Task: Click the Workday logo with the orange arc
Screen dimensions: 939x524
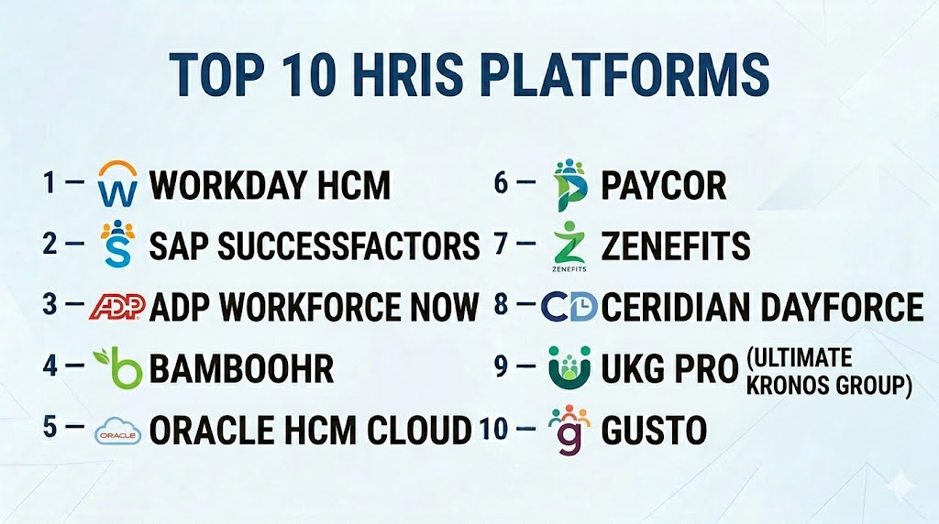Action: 117,183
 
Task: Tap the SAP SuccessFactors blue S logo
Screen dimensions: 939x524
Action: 117,243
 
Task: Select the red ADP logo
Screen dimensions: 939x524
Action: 117,306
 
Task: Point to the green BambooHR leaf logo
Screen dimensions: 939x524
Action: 118,366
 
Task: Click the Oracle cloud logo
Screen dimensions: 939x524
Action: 118,431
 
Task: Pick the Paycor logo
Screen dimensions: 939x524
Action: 569,185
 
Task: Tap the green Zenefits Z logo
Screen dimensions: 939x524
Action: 569,246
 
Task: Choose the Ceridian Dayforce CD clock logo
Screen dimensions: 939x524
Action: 569,306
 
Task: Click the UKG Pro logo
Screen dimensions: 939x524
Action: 569,367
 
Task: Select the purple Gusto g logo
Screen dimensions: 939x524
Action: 569,430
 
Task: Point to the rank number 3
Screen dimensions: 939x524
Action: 50,304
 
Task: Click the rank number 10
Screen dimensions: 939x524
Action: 494,429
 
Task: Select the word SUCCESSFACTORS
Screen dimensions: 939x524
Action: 348,246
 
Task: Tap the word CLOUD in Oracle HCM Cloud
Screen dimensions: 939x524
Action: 420,430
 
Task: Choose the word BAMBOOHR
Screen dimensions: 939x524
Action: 241,368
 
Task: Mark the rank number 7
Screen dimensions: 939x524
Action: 501,244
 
